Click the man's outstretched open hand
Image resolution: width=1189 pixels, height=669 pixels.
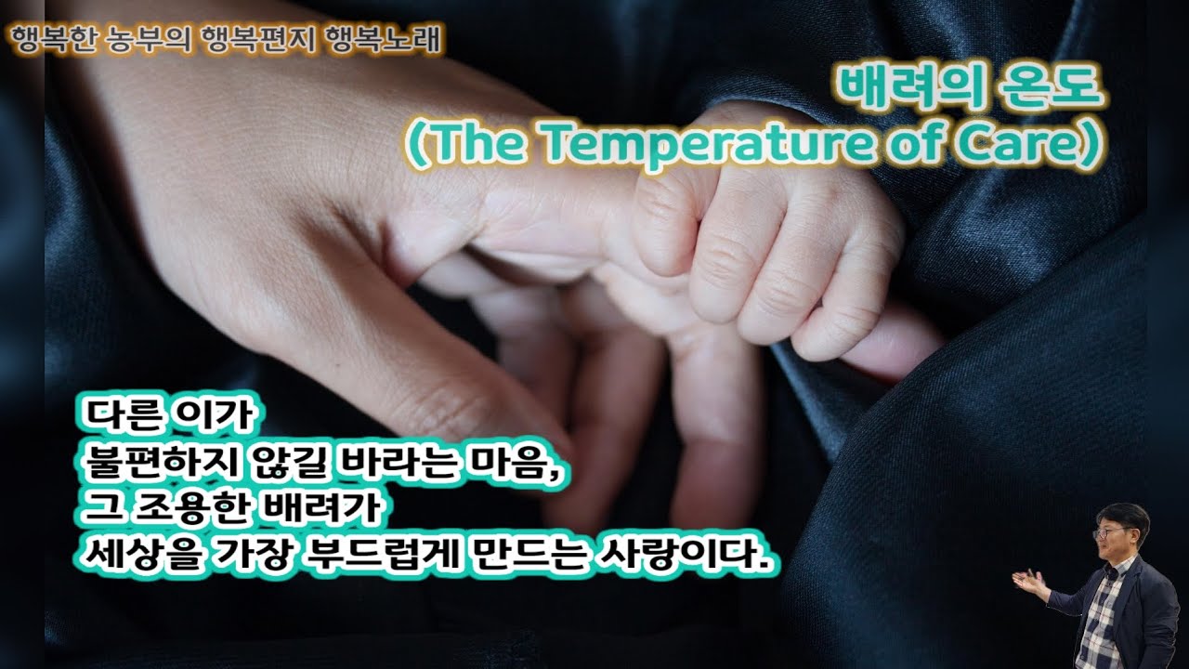tap(1030, 584)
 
